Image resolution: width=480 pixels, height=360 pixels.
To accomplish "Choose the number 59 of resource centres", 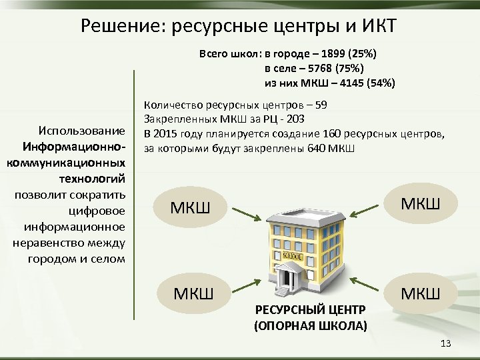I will point(321,105).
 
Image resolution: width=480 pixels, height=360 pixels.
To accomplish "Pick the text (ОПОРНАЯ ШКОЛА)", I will point(310,327).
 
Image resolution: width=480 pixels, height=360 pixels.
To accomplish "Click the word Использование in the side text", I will point(82,129).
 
